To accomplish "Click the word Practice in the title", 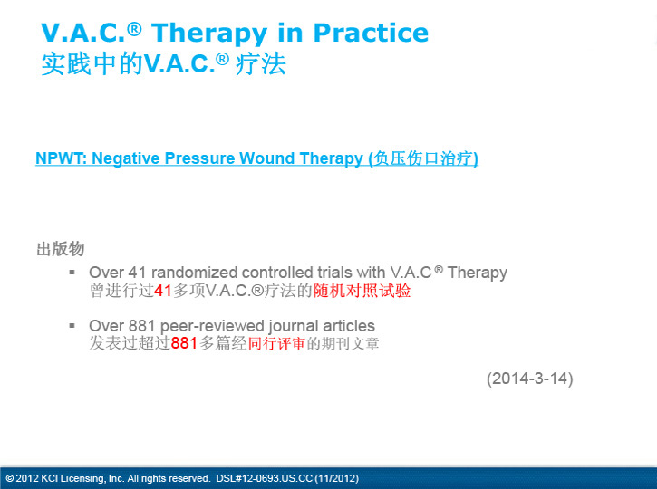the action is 371,33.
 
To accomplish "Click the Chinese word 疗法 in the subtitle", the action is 261,64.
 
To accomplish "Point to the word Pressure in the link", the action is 199,158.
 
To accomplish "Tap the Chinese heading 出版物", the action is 61,249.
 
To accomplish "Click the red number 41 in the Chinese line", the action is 163,291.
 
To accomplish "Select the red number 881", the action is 184,343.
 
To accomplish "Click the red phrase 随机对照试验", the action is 362,291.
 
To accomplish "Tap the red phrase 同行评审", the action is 276,343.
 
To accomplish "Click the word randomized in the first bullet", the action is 194,273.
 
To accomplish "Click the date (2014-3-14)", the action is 529,379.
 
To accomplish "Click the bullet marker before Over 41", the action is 72,273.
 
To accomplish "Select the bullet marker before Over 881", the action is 72,325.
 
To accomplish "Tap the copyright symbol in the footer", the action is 10,478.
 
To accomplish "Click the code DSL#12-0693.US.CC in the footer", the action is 265,478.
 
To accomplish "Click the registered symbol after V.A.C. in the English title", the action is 134,29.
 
